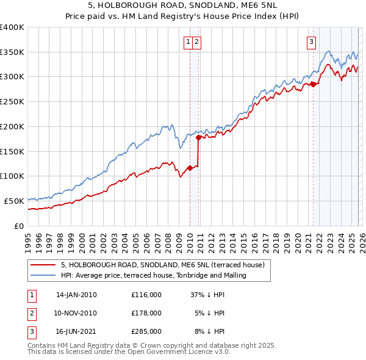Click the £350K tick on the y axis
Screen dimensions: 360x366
click(12, 52)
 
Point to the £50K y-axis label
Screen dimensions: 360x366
click(14, 201)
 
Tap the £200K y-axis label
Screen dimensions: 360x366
click(12, 127)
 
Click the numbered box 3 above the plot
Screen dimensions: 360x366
click(311, 42)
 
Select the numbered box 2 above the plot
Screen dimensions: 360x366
click(198, 42)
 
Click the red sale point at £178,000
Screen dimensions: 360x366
click(199, 138)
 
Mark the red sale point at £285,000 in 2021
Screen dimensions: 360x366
click(313, 84)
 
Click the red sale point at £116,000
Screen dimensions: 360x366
click(190, 168)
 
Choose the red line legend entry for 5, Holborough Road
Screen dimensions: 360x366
click(162, 265)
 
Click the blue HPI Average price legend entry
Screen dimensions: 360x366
click(153, 276)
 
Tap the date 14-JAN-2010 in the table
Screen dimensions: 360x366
click(76, 295)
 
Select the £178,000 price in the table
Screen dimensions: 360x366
click(146, 313)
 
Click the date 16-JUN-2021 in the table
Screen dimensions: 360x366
click(76, 331)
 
